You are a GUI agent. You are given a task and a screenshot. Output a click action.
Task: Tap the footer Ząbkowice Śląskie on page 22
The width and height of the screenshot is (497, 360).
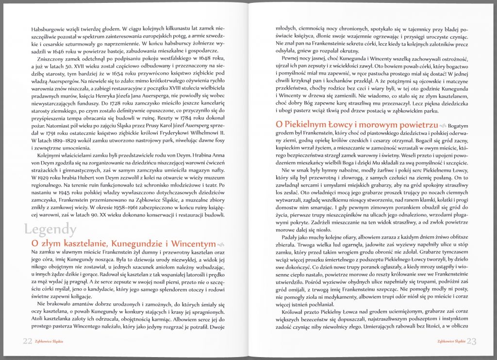49,341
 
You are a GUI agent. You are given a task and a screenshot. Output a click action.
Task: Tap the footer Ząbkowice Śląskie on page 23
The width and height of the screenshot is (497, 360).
451,341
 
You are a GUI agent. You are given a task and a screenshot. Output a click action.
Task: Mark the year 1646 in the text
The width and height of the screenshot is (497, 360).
66,49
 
